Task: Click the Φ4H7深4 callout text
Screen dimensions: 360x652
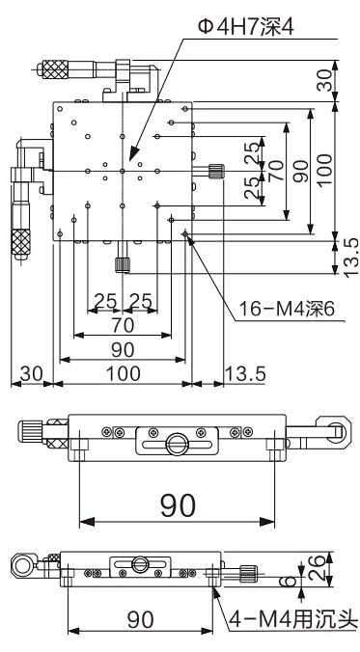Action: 246,28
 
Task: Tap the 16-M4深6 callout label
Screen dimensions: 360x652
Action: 287,309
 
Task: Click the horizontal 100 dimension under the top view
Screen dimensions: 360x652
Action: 123,373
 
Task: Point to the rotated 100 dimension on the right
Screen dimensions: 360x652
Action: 325,171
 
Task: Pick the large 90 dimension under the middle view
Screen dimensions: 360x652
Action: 178,505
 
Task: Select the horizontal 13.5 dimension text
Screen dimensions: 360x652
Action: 245,373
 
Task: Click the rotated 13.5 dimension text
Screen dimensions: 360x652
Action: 348,257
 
